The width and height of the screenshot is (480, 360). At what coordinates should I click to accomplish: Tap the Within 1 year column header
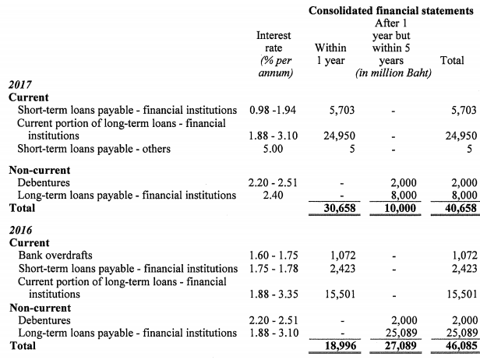330,55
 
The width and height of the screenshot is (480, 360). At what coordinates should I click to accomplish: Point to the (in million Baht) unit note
394,73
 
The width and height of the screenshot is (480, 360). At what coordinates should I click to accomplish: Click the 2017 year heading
20,86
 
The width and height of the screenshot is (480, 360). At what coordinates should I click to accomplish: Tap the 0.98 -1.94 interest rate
274,111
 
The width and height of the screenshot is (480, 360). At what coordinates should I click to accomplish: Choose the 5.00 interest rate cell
274,148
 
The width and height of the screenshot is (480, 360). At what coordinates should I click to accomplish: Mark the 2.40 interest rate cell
274,196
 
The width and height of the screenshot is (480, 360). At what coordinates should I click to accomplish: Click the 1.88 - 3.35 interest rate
274,294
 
